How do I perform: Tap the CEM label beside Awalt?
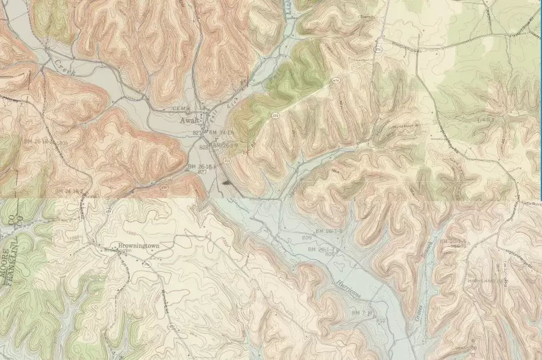[180, 108]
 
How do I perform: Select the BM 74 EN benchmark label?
[221, 132]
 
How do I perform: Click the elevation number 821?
[196, 132]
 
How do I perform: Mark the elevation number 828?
[203, 147]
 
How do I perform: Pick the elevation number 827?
[202, 172]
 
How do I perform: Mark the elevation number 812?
[380, 321]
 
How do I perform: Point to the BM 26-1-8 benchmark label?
[329, 231]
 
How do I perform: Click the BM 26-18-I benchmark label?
[202, 166]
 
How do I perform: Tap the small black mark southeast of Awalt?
[226, 180]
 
